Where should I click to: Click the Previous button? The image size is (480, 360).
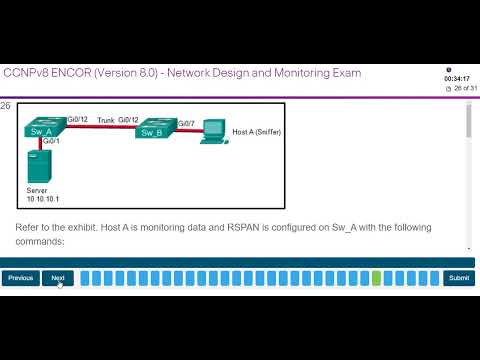pos(20,278)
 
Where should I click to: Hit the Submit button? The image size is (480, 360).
pos(458,278)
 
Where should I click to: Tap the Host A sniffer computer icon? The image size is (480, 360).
pos(212,130)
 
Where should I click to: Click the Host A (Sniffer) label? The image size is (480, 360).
pos(255,131)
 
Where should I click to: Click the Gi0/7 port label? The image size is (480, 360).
pos(186,123)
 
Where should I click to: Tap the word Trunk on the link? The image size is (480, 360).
pos(106,120)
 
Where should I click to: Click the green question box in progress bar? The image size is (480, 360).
pos(376,278)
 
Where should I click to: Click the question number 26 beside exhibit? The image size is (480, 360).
pos(6,106)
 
